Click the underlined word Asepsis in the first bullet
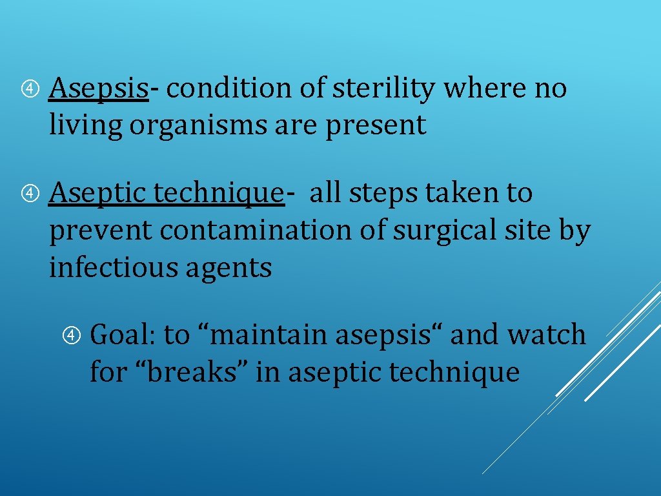tap(99, 88)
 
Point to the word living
tap(85, 126)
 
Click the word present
tap(376, 126)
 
